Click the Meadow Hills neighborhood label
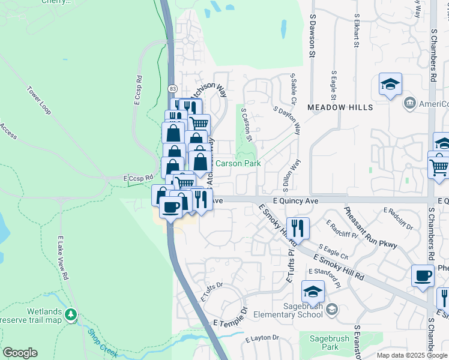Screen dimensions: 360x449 click(340, 107)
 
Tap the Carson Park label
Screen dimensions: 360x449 click(238, 163)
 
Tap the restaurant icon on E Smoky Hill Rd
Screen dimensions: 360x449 click(297, 228)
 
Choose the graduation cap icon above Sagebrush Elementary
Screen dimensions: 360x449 click(313, 292)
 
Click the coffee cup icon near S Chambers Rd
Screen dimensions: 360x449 click(423, 275)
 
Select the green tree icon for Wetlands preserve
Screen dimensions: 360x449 click(71, 314)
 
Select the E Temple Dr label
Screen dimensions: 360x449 click(231, 319)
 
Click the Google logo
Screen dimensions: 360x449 click(20, 353)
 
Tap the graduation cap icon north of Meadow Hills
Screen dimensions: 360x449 click(390, 85)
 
